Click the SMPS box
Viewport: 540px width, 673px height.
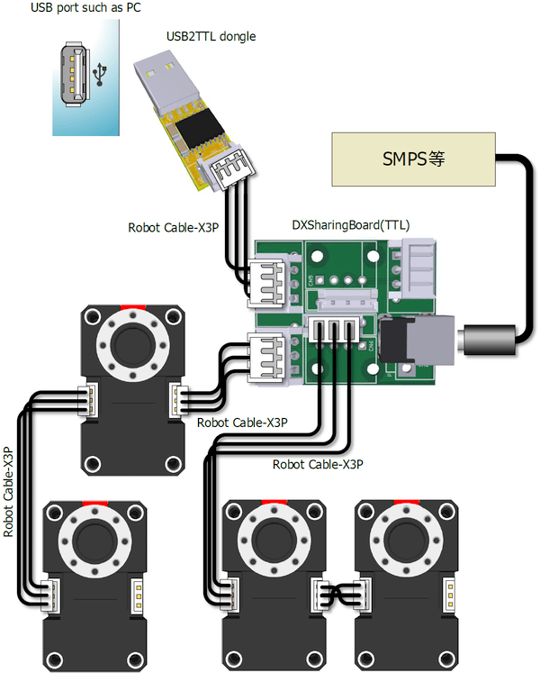[414, 159]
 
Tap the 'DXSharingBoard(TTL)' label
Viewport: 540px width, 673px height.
[351, 225]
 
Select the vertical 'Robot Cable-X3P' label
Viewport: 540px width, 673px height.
[9, 491]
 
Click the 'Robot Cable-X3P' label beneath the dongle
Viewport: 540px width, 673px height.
[173, 227]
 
